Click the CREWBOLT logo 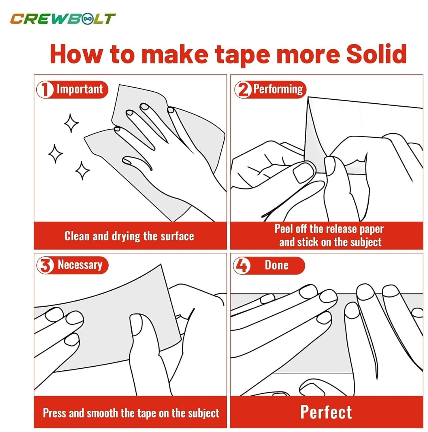click(x=63, y=19)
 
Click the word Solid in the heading click(x=376, y=54)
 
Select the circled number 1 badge click(x=45, y=90)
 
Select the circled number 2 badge click(x=243, y=90)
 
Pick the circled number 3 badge click(x=45, y=265)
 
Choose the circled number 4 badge click(x=242, y=265)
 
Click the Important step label click(x=80, y=89)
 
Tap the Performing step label click(x=278, y=89)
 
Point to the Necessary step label click(x=80, y=265)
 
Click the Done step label click(x=277, y=265)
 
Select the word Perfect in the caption click(x=326, y=412)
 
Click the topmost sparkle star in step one click(x=71, y=123)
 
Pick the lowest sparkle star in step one click(x=82, y=170)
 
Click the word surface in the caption click(x=177, y=236)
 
